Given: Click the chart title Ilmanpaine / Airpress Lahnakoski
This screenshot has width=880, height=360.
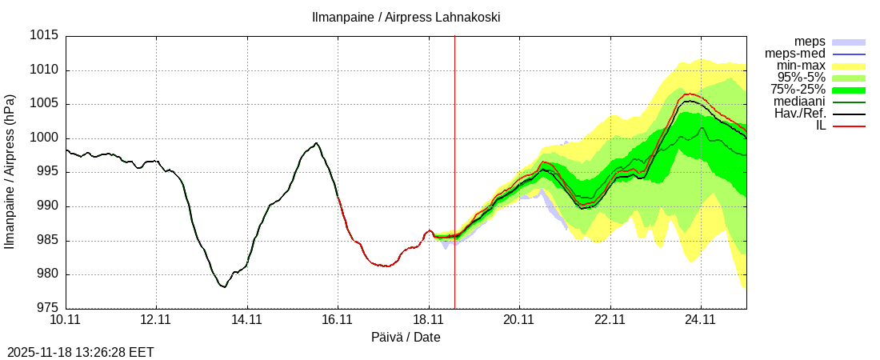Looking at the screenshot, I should point(406,17).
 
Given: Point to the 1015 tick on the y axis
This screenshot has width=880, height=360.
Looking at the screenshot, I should point(45,36).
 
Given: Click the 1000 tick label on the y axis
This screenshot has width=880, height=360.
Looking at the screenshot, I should point(45,138).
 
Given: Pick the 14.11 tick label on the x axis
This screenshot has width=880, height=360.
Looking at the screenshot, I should point(247,320).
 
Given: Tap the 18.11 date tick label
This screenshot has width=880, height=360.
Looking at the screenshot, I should point(429,320).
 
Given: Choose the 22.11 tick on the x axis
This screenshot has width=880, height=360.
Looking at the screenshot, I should point(610,320).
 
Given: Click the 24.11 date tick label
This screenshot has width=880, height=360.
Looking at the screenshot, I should point(701,320).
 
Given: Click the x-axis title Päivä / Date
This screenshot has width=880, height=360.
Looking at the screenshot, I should point(406,338).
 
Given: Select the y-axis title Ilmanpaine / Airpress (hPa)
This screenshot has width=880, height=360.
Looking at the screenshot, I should point(10,171).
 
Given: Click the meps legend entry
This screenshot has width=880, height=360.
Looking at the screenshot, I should point(810,42).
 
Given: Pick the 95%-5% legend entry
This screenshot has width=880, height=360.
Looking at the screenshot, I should point(802,78).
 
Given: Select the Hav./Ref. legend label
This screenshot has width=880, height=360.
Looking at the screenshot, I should point(800,114).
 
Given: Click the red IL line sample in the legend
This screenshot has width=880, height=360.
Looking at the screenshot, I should point(849,126).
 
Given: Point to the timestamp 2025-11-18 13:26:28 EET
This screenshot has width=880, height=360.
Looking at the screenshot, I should point(81,352).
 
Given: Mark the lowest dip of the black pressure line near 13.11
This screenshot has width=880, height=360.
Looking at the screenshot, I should point(225,286).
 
